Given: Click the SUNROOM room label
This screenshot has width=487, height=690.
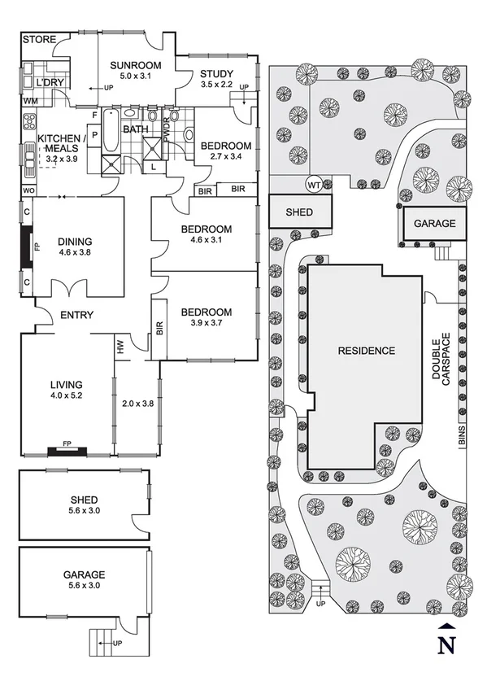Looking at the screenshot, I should (x=135, y=65).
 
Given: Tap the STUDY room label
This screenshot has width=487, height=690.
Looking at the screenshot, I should (x=217, y=74).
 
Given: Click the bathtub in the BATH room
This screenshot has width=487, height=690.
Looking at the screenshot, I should (x=110, y=130).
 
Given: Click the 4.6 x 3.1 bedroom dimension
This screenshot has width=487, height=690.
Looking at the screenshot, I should (x=207, y=241).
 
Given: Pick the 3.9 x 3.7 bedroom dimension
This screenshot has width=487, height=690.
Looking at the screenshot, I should (x=206, y=324).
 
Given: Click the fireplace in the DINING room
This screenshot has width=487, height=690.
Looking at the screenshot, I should (x=27, y=247).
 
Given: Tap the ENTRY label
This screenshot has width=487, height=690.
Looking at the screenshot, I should (x=77, y=316).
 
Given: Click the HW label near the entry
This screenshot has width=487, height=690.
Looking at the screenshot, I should (x=121, y=347).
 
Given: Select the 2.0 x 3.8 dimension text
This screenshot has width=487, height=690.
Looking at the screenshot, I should (x=137, y=403).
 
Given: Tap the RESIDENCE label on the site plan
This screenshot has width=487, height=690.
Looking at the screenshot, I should (x=367, y=352).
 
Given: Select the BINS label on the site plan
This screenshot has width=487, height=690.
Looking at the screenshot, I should (x=460, y=437).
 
